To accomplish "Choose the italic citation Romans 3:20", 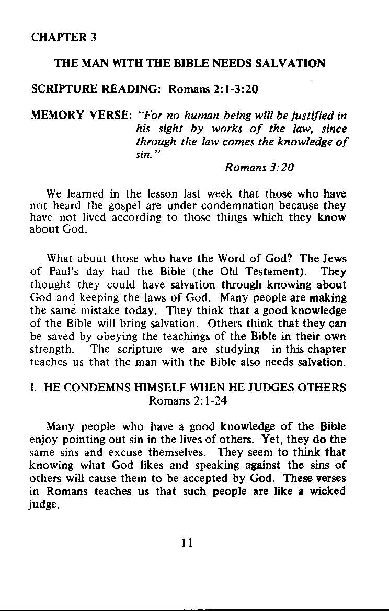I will (259, 167).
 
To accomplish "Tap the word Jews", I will (334, 258).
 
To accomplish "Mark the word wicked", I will (326, 491).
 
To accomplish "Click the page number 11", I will (188, 543).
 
